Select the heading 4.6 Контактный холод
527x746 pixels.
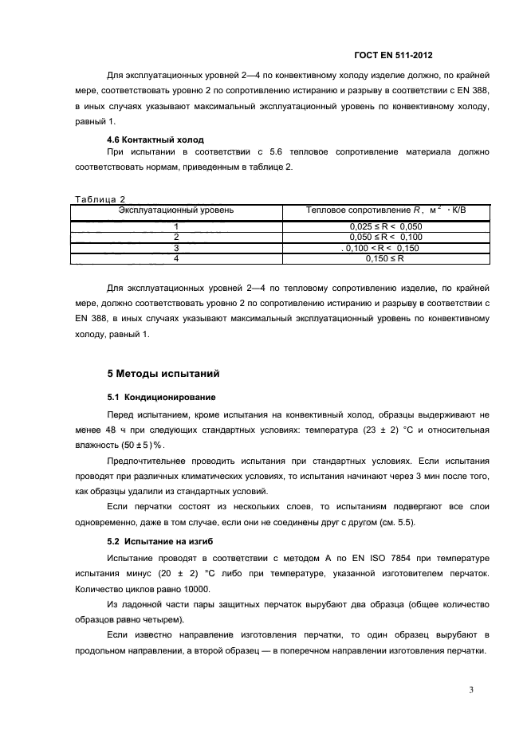pos(150,139)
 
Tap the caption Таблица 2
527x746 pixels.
pos(100,198)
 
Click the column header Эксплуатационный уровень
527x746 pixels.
pos(175,210)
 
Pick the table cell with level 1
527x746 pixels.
pos(175,227)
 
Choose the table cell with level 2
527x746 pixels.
pos(175,238)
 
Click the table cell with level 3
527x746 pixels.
pos(175,248)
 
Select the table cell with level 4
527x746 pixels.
pos(175,258)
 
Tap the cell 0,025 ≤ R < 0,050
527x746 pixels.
pos(385,227)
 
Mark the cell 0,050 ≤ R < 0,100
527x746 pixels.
pos(385,238)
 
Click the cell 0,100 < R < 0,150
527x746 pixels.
pos(385,248)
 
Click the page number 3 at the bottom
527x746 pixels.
pos(471,690)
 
